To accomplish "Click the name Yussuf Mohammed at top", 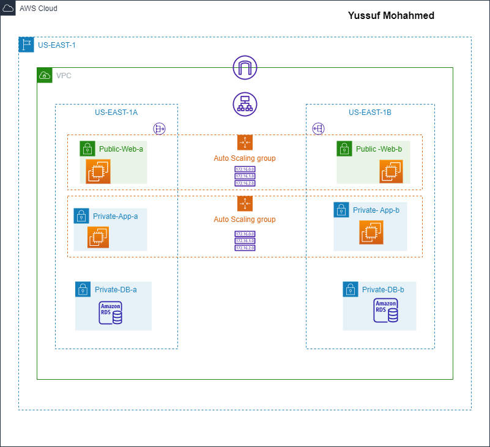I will pyautogui.click(x=391, y=15).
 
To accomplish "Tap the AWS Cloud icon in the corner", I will pyautogui.click(x=9, y=9).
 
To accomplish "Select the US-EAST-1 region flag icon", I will pyautogui.click(x=26, y=45).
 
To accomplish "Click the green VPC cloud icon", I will pyautogui.click(x=45, y=75).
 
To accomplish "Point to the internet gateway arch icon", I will pyautogui.click(x=245, y=67).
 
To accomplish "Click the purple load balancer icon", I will pyautogui.click(x=245, y=104).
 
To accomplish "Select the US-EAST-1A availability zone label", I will pyautogui.click(x=116, y=113).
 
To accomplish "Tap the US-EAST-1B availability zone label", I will pyautogui.click(x=369, y=113).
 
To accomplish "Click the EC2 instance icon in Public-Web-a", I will pyautogui.click(x=97, y=171).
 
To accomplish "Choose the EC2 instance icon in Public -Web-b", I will pyautogui.click(x=391, y=171).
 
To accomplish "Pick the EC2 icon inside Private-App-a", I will pyautogui.click(x=97, y=237).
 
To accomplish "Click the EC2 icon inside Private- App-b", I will pyautogui.click(x=371, y=232).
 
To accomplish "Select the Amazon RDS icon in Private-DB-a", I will pyautogui.click(x=111, y=312).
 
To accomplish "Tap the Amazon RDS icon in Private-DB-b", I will pyautogui.click(x=385, y=311).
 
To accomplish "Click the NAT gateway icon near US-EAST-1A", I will pyautogui.click(x=160, y=128).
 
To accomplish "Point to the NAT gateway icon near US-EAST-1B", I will pyautogui.click(x=318, y=128).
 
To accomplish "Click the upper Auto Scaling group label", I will pyautogui.click(x=245, y=158).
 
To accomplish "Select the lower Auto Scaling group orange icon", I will pyautogui.click(x=245, y=204).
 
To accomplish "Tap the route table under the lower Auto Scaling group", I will pyautogui.click(x=245, y=241).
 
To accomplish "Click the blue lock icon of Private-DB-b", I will pyautogui.click(x=351, y=289).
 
